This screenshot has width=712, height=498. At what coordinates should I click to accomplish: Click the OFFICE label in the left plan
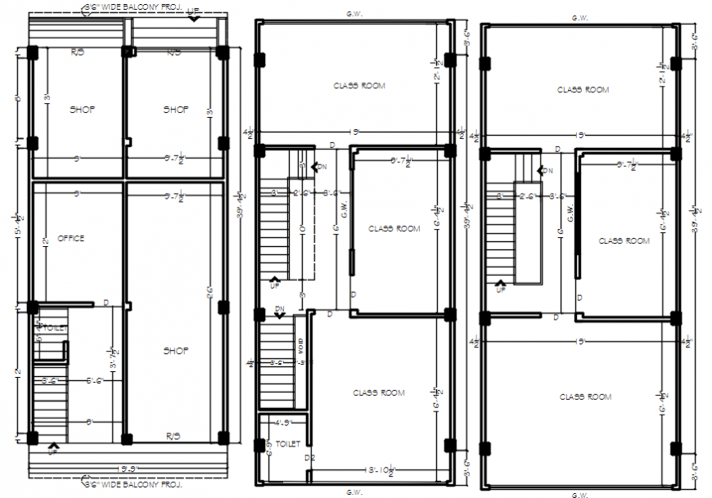point(70,239)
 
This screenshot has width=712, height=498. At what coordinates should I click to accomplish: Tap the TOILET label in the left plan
point(50,328)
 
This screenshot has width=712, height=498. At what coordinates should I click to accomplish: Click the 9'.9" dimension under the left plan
point(128,469)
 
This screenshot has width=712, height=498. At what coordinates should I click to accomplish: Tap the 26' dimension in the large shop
point(210,291)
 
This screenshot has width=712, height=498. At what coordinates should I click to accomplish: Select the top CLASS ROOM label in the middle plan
point(358,85)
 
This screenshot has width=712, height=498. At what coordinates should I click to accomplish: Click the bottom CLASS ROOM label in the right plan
point(585,397)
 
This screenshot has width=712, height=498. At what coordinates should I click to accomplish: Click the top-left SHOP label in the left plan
point(83,110)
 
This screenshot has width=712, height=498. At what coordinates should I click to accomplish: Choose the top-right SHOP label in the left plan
point(176,110)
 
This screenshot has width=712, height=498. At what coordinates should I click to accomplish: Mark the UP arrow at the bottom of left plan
point(54,448)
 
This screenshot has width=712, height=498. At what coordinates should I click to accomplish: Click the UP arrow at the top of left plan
point(194,13)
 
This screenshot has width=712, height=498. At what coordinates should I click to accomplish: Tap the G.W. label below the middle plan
point(354,491)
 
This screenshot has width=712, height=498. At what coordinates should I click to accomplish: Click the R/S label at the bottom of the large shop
point(173,435)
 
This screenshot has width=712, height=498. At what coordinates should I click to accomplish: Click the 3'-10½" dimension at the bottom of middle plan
point(380,470)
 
